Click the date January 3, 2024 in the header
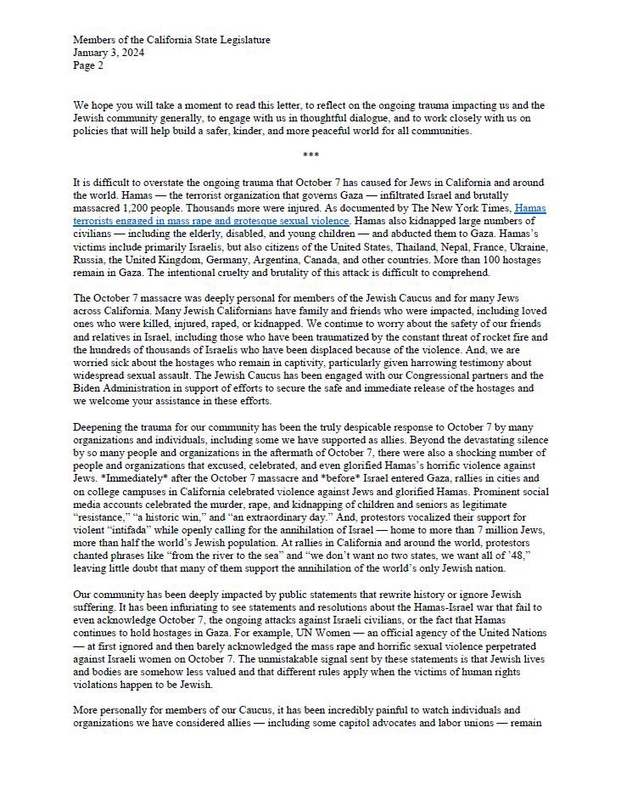point(108,51)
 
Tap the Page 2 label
point(87,64)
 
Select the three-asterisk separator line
point(310,154)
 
